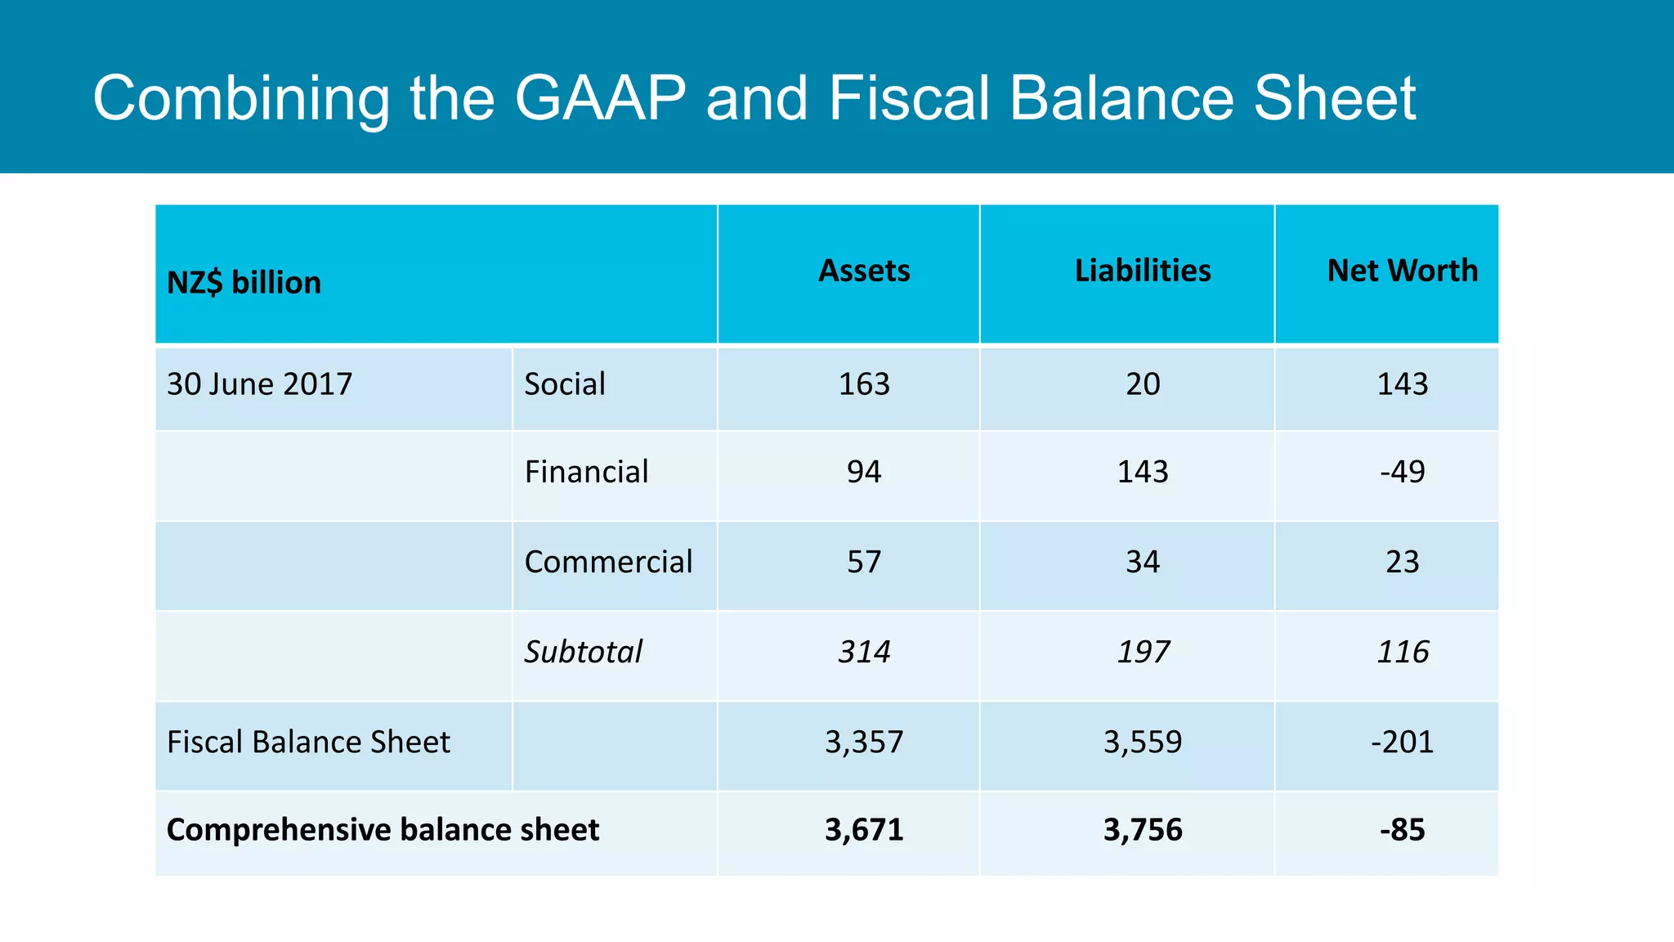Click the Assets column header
click(x=864, y=271)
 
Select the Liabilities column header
click(x=1142, y=271)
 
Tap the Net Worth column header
click(x=1402, y=271)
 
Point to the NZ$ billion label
click(x=244, y=283)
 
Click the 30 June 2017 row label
click(x=259, y=384)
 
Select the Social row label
click(x=564, y=384)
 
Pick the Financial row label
click(x=586, y=472)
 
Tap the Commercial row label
click(x=608, y=562)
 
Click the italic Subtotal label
click(x=583, y=652)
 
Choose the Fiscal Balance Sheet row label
click(x=308, y=742)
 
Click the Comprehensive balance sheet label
click(x=383, y=830)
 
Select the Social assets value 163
click(x=864, y=384)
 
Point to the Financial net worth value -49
click(x=1402, y=472)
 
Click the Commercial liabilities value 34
click(x=1142, y=562)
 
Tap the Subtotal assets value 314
click(x=864, y=652)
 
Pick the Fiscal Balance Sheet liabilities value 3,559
click(x=1142, y=742)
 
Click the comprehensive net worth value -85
click(x=1402, y=830)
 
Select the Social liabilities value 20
click(x=1142, y=384)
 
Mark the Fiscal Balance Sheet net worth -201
click(x=1402, y=742)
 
